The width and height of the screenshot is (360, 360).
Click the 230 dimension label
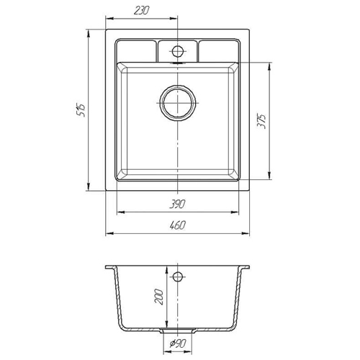pyautogui.click(x=142, y=11)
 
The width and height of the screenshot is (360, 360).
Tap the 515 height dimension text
pyautogui.click(x=81, y=111)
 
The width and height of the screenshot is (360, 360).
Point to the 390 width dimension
pyautogui.click(x=177, y=204)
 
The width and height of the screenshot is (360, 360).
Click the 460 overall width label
pyautogui.click(x=178, y=225)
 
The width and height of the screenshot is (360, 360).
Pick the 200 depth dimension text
pyautogui.click(x=158, y=297)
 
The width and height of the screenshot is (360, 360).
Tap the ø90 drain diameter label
pyautogui.click(x=178, y=343)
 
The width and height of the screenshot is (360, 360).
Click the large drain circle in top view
pyautogui.click(x=178, y=103)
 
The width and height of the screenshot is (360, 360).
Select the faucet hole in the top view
pyautogui.click(x=178, y=51)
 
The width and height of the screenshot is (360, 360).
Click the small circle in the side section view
pyautogui.click(x=177, y=276)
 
